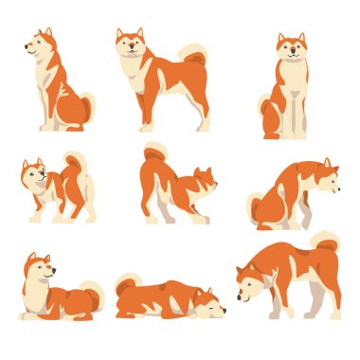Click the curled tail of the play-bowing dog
point(154,151)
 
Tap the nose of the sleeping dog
point(224,309)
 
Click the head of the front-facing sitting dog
point(291,48)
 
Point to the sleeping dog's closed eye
point(210,305)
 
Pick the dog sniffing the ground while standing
point(288,275)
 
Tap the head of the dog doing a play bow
point(203,179)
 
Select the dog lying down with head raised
point(57,288)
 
